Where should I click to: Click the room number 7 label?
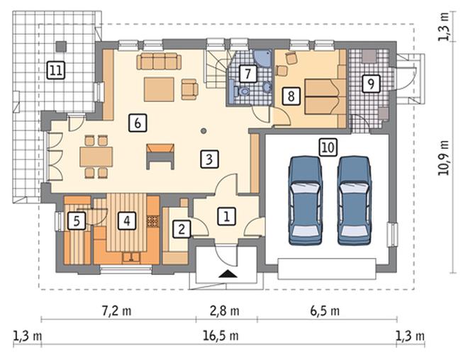point(247,74)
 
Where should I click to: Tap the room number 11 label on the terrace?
point(56,71)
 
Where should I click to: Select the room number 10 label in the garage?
point(328,147)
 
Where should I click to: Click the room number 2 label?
point(182,229)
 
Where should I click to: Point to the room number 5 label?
point(77,221)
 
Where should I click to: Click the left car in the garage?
point(306,200)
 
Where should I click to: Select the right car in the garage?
point(355,200)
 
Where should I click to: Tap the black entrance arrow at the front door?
point(228,274)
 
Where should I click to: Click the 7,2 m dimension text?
point(117,311)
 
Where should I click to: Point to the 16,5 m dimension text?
point(221,336)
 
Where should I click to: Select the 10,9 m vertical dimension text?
point(444,157)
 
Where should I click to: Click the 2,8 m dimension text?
point(225,311)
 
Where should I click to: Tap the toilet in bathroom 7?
point(241,91)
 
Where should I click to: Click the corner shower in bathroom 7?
point(263,57)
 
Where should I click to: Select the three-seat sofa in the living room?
point(159,61)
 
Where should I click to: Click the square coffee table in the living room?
point(159,89)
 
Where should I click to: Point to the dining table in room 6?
point(96,157)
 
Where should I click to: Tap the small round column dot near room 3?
point(204,130)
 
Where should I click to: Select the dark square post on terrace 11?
point(62,46)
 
